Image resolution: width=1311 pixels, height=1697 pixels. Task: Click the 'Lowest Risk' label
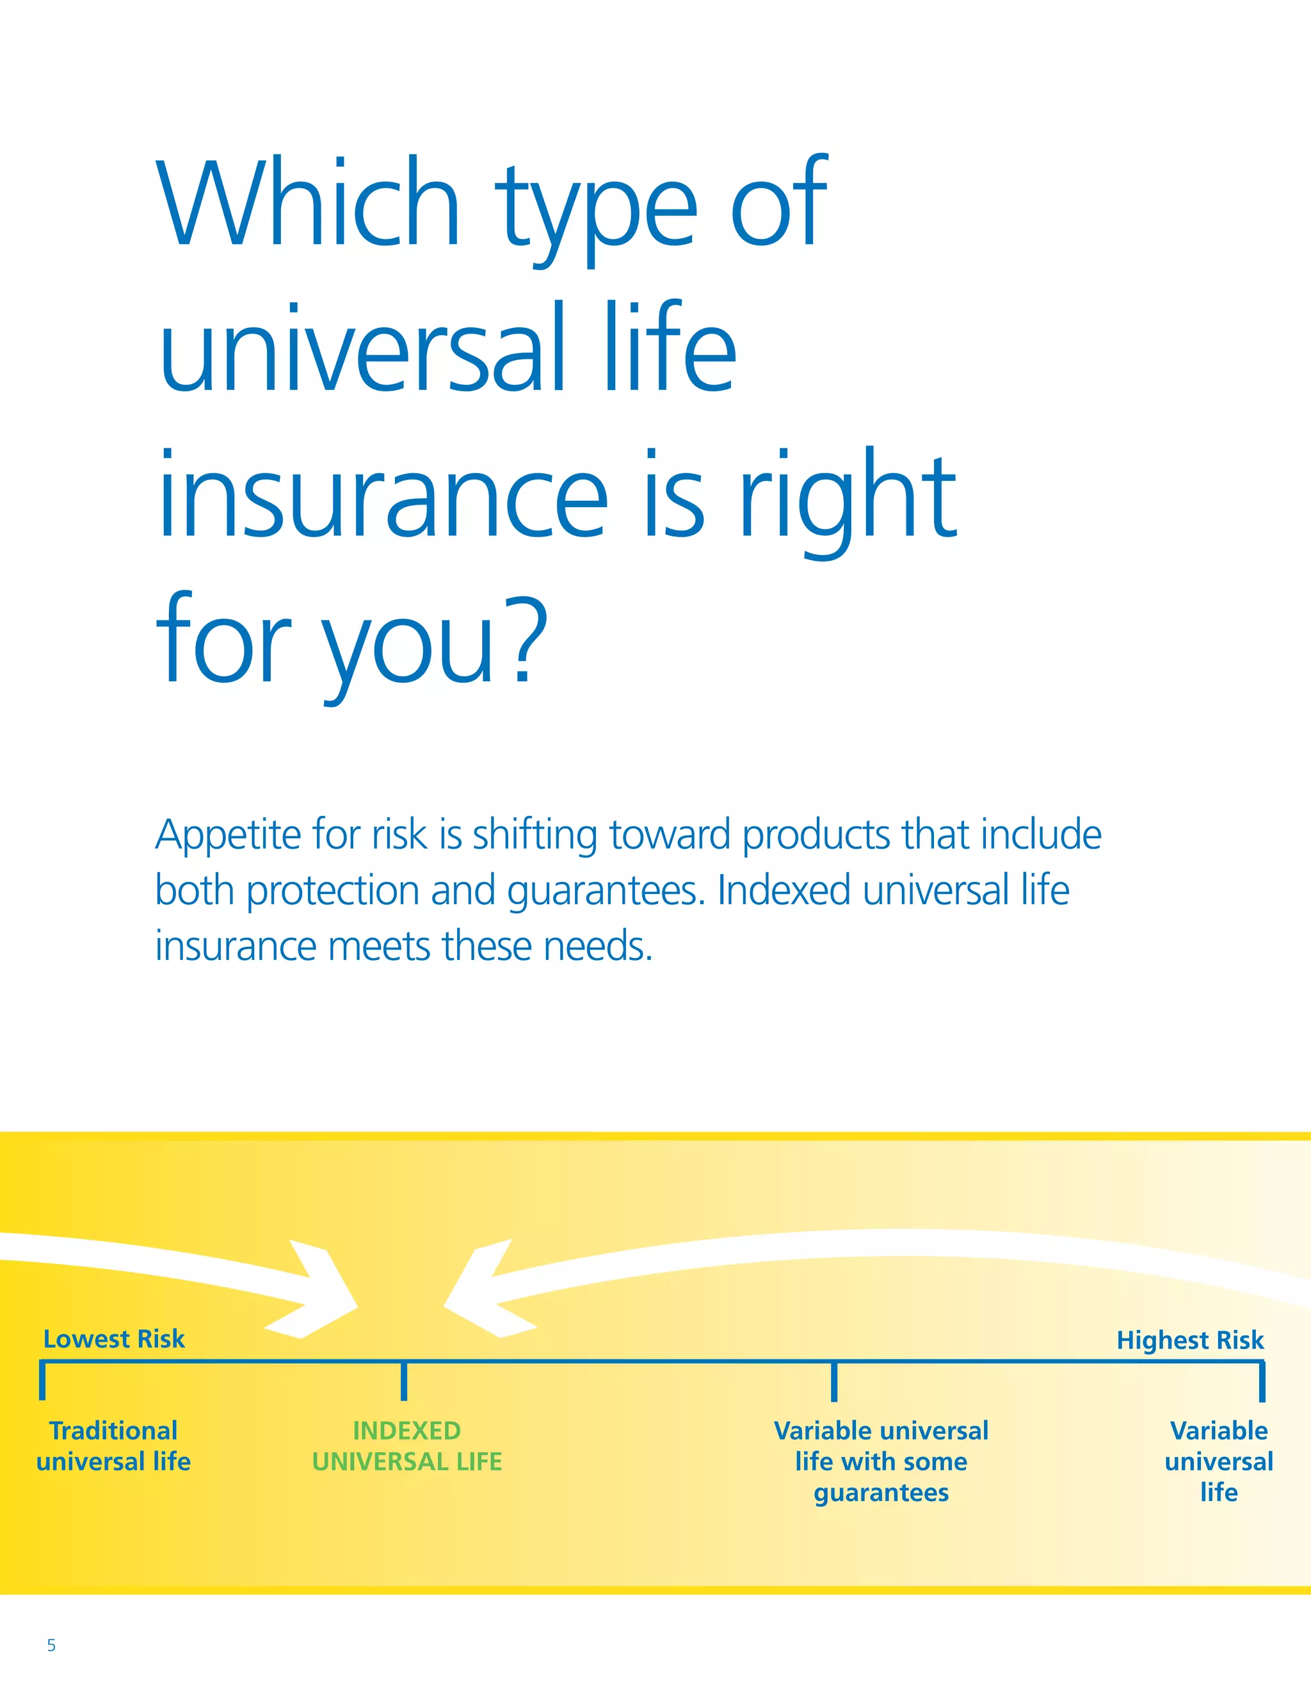[114, 1339]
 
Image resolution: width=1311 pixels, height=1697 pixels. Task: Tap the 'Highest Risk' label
[1190, 1340]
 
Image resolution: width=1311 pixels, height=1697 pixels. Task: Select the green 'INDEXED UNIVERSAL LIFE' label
[407, 1445]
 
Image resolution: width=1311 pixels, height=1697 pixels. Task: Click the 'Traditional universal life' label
[113, 1445]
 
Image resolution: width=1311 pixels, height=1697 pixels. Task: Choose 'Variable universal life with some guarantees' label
[881, 1461]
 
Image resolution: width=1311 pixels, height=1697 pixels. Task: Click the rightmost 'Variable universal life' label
[1219, 1461]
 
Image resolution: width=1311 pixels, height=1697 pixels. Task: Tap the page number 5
[51, 1645]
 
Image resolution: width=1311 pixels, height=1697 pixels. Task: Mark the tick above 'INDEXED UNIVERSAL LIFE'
[404, 1381]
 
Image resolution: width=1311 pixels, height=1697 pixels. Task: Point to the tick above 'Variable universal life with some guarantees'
[834, 1381]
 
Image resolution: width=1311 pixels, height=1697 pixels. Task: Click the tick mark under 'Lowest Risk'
[43, 1381]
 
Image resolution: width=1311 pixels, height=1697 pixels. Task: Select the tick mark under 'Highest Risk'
[1262, 1381]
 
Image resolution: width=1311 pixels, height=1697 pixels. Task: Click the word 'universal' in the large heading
[362, 349]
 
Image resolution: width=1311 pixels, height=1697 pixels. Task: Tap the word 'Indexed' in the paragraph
[783, 891]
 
